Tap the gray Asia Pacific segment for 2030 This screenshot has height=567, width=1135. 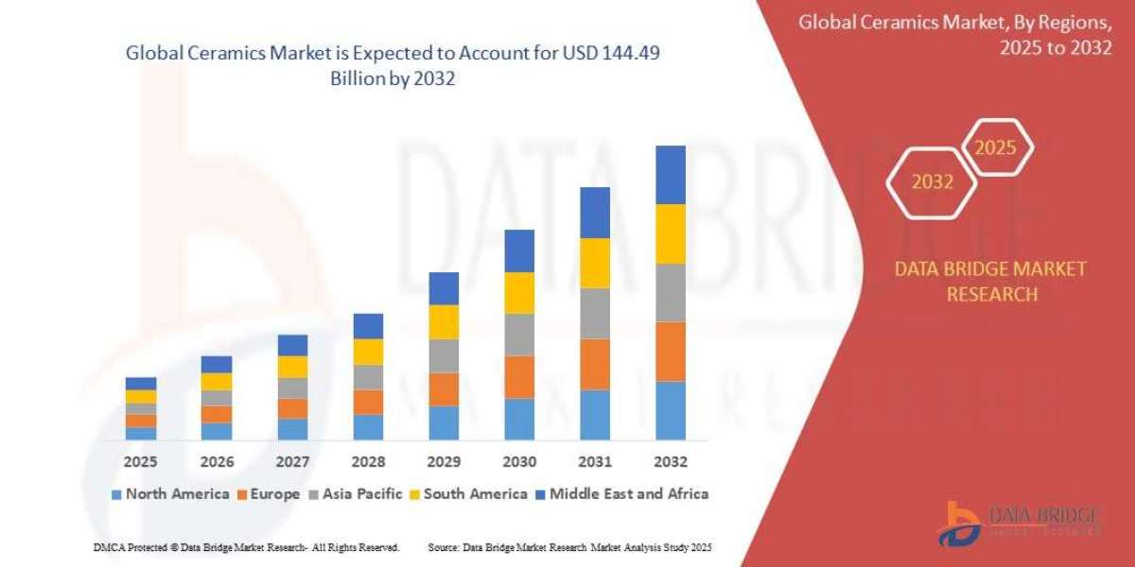[518, 334]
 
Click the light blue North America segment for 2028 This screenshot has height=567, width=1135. [368, 426]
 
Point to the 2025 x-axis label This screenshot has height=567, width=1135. [141, 462]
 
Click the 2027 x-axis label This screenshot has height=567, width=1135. [292, 462]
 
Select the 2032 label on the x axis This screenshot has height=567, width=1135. [670, 462]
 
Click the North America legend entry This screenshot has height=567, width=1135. [170, 493]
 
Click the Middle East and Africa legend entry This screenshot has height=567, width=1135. [622, 493]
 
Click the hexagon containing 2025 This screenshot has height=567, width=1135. [995, 147]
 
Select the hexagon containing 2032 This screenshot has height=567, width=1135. [932, 182]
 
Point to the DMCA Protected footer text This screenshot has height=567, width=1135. [246, 547]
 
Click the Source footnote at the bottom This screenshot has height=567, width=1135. [569, 547]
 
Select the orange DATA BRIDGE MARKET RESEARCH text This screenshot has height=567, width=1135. [990, 282]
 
